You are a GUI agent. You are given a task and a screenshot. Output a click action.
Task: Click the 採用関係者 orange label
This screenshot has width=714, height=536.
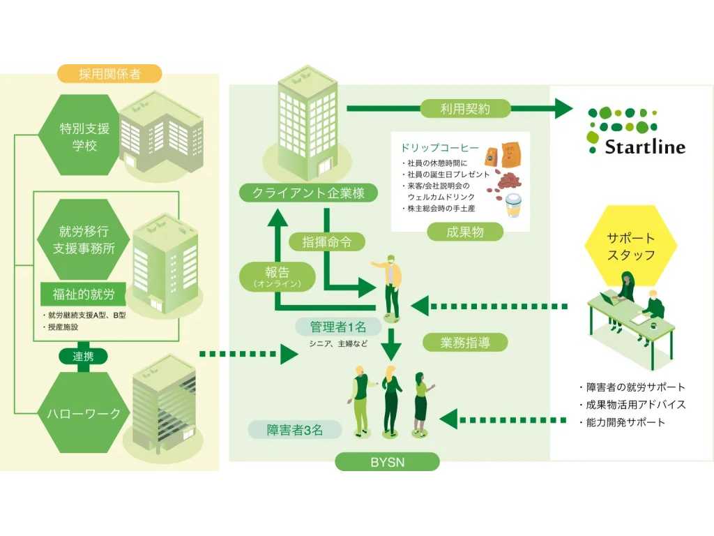click(x=110, y=73)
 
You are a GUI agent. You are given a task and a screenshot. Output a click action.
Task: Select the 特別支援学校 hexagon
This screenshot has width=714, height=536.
click(x=75, y=136)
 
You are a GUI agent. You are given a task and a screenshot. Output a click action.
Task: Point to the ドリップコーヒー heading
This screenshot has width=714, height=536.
click(x=439, y=148)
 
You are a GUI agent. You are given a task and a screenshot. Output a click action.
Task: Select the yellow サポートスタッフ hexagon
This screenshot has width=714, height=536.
click(x=630, y=247)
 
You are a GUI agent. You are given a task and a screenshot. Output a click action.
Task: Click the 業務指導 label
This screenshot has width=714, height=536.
click(x=464, y=342)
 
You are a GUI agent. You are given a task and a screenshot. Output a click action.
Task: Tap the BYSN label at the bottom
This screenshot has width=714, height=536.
click(x=387, y=461)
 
